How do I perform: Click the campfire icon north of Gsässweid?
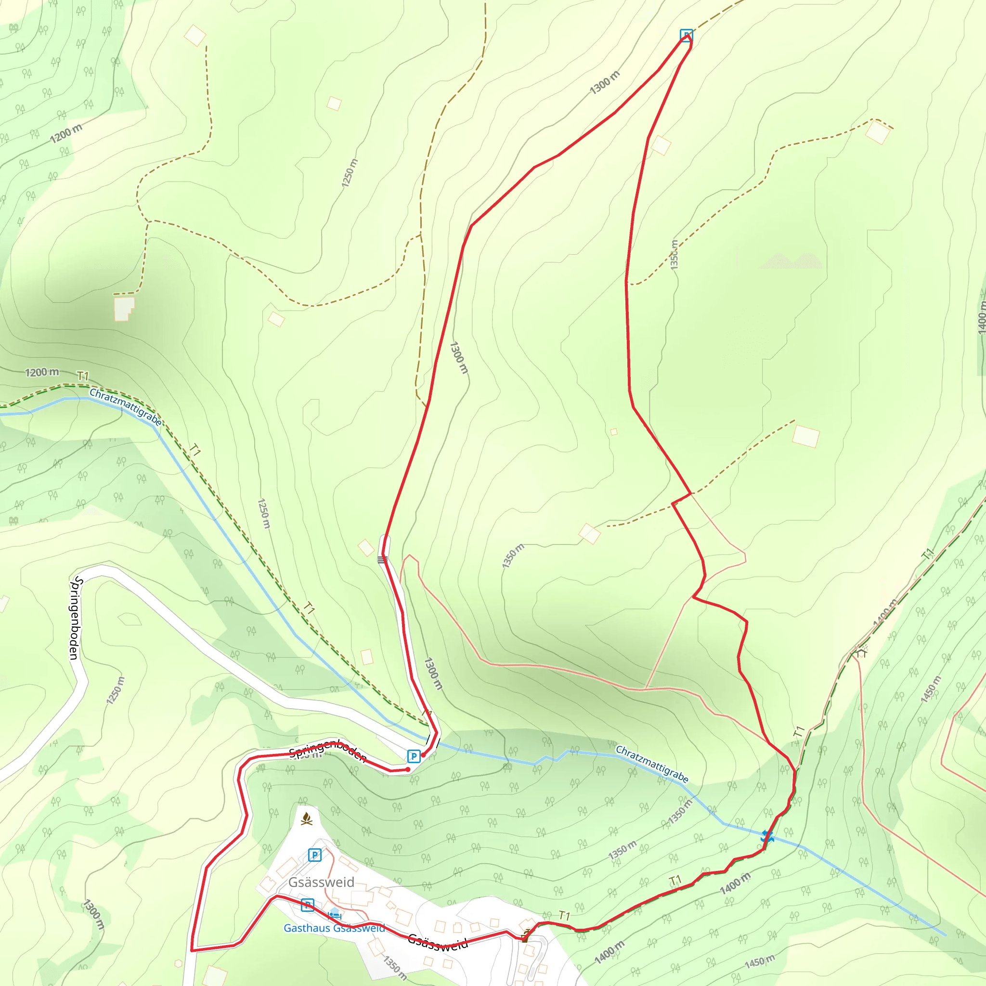[306, 819]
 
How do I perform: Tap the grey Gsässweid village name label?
[321, 882]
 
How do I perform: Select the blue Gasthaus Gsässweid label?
[334, 928]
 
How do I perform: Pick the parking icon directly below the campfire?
[315, 855]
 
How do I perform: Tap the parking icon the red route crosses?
[307, 905]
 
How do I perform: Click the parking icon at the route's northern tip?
[687, 35]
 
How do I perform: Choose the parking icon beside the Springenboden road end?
[414, 756]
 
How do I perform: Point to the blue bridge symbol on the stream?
[767, 837]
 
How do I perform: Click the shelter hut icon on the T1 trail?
[862, 652]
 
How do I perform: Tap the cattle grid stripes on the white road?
[382, 560]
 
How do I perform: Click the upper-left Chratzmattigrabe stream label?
[126, 407]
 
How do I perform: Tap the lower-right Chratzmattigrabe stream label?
[652, 764]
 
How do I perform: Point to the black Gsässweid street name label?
[438, 942]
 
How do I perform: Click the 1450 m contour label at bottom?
[760, 962]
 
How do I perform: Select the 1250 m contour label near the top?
[350, 172]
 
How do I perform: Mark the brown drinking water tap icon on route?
[525, 937]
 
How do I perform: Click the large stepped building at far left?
[124, 308]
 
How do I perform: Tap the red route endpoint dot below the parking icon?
[407, 769]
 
